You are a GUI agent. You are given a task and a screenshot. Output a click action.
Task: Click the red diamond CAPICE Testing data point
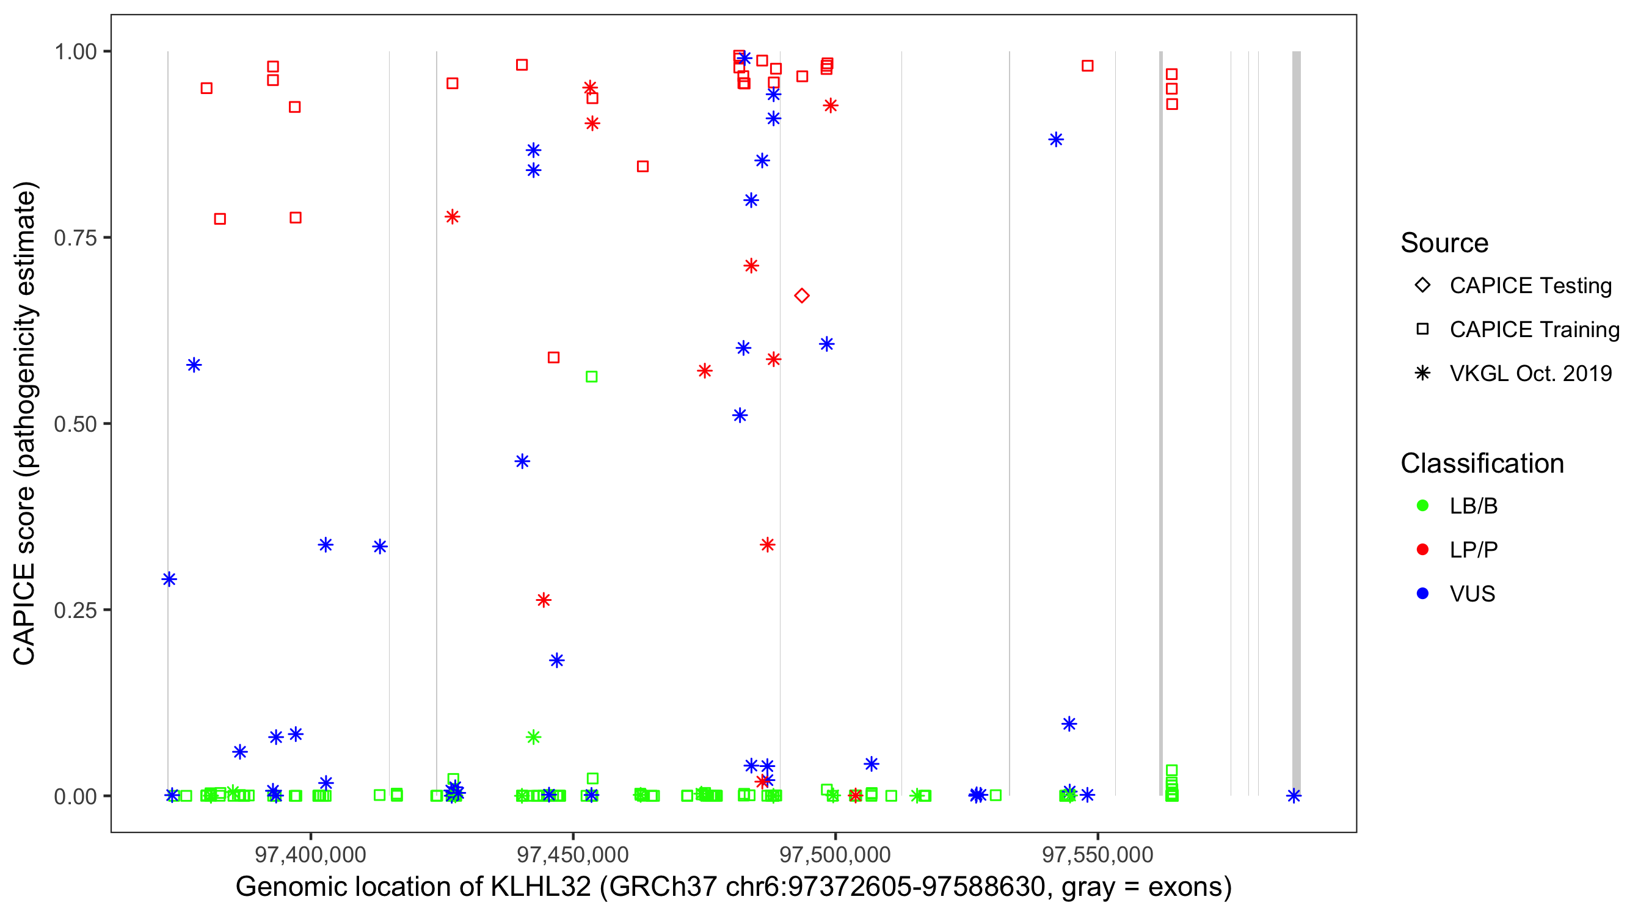(801, 296)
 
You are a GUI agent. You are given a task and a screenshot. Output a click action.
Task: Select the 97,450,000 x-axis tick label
(572, 854)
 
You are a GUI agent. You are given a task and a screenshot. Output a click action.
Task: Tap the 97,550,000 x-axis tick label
(1098, 854)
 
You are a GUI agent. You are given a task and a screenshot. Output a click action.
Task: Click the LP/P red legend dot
(1422, 550)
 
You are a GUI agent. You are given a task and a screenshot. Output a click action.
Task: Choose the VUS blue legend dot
(1422, 594)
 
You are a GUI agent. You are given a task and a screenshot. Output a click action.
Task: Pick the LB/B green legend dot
(1422, 506)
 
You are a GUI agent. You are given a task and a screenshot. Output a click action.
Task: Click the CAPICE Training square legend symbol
(1422, 329)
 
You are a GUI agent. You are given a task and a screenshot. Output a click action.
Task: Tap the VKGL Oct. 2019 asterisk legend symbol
(1422, 373)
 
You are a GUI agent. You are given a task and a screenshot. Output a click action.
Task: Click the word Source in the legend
(1444, 243)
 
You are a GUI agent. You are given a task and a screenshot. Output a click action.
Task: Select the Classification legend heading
(1482, 463)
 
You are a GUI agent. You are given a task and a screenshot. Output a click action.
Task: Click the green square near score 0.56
(591, 377)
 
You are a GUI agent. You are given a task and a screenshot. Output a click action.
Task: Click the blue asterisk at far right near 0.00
(1294, 796)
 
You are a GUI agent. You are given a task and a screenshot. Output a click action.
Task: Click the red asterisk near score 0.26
(544, 600)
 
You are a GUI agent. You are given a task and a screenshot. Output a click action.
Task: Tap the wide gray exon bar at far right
(1296, 423)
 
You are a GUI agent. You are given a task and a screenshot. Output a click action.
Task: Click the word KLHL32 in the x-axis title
(541, 887)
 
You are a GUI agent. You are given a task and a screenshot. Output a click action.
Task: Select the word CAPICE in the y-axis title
(24, 614)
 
